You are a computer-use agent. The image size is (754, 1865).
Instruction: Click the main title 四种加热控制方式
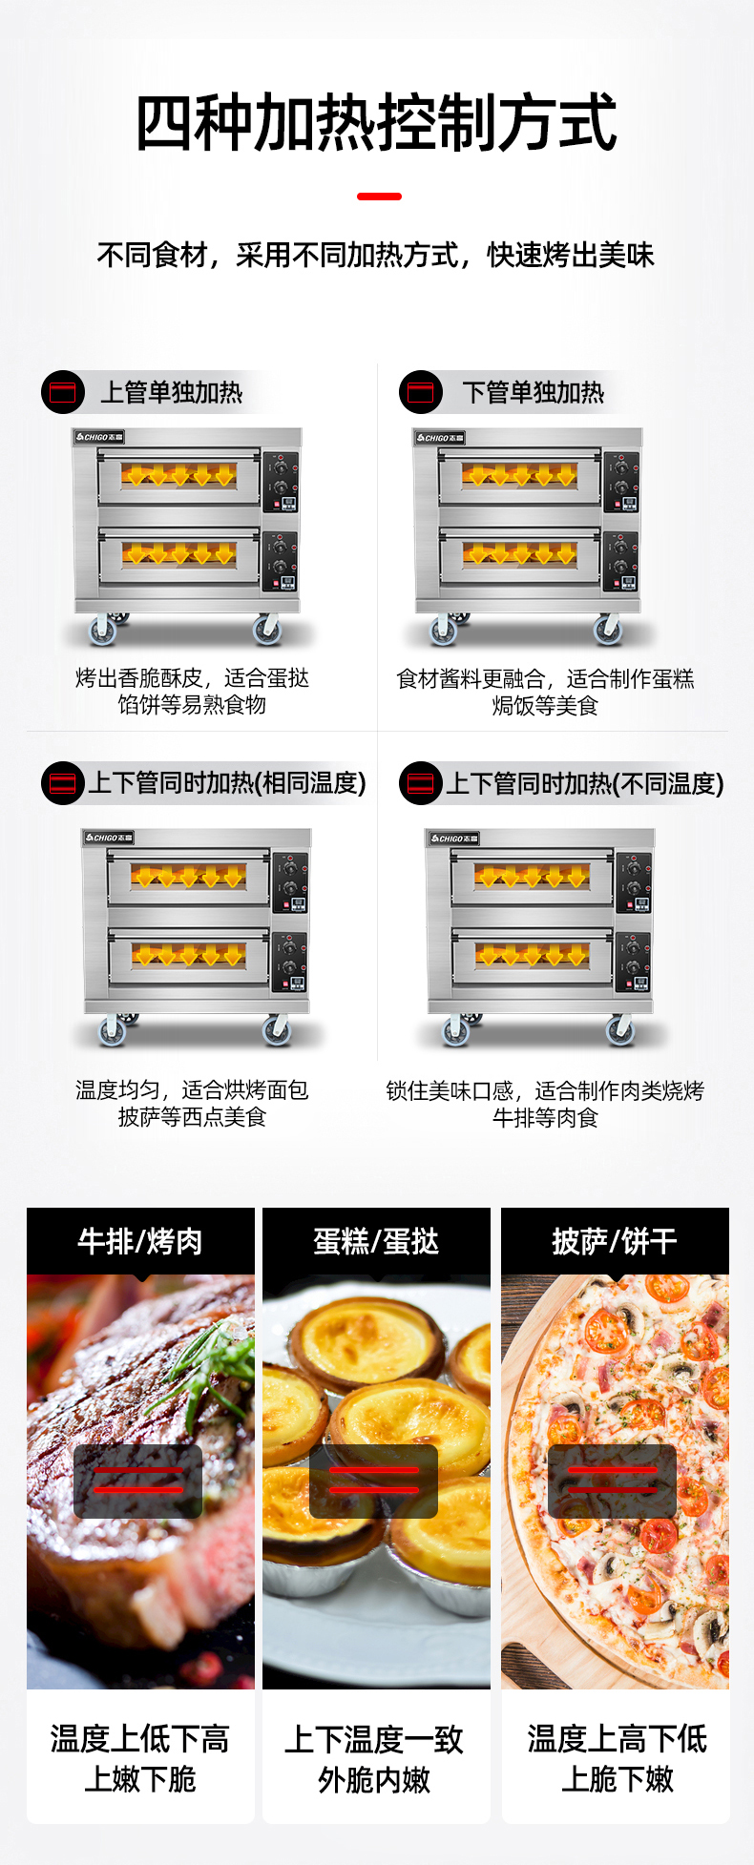pos(377,124)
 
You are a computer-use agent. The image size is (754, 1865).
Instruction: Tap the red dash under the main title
pos(379,197)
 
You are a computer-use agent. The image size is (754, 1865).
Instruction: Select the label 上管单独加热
pos(172,392)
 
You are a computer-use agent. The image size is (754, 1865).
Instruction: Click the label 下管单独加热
pos(534,392)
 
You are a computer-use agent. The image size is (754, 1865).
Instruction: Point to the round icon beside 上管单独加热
pos(63,392)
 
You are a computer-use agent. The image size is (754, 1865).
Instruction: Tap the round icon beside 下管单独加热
pos(421,392)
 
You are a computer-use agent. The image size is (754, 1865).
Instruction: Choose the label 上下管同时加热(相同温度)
pos(228,783)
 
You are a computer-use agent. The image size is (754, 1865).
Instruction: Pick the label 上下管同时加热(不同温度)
pos(585,783)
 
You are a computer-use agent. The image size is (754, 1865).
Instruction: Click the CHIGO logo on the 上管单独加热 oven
pos(99,437)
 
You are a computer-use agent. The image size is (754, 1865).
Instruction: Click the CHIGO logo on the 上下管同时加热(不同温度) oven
pos(453,839)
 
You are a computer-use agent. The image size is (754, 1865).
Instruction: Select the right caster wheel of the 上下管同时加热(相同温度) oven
pos(277,1029)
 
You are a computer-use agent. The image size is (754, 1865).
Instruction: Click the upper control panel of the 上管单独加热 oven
pos(282,482)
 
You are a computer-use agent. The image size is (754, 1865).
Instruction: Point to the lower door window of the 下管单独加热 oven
pos(520,554)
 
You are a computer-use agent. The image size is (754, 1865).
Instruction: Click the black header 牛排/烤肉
pos(140,1241)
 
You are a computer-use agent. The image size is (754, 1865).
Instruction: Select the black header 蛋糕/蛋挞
pos(376,1241)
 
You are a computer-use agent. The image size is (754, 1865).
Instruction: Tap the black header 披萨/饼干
pos(615,1241)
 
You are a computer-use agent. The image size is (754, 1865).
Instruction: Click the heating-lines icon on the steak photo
pos(137,1481)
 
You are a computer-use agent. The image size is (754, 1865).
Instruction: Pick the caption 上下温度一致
pos(374,1739)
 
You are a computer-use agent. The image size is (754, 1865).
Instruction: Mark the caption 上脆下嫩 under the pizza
pos(618,1779)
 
